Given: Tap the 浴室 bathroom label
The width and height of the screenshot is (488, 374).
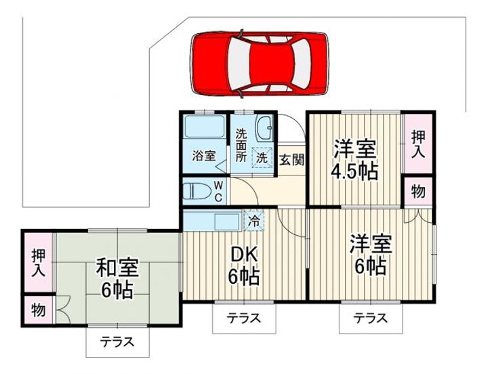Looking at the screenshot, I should tap(204, 155).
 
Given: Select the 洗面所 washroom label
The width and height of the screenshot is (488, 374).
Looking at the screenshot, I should tap(241, 144).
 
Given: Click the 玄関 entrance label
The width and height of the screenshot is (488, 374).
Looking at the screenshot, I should tap(291, 161).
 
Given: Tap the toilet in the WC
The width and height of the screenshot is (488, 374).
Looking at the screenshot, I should tap(197, 190).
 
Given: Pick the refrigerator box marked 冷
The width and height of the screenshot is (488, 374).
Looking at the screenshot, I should tap(253, 220).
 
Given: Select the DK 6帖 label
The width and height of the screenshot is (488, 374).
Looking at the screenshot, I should tap(243, 265).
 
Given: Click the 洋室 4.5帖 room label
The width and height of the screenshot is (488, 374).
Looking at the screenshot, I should tap(354, 159).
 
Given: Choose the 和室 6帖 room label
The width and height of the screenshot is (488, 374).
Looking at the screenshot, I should tap(117, 278).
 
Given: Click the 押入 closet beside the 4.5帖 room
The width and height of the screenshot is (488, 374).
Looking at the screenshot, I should tap(418, 142).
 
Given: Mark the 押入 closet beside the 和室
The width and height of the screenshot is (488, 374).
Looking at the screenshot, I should tap(38, 262).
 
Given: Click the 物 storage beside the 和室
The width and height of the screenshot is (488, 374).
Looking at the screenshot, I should tap(38, 311).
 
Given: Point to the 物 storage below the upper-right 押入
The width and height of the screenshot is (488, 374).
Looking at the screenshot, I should tap(418, 191).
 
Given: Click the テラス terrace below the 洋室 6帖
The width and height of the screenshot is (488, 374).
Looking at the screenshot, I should tap(371, 317).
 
